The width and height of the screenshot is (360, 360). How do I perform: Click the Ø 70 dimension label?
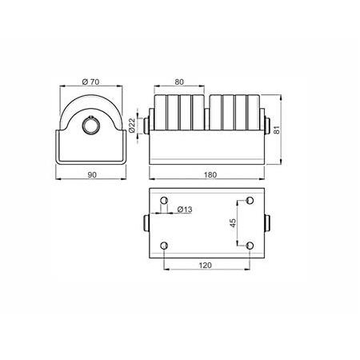click(x=90, y=82)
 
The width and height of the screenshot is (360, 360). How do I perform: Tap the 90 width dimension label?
click(x=92, y=175)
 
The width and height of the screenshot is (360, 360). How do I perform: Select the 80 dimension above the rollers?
click(x=179, y=82)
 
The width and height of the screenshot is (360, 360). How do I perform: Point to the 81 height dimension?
click(x=278, y=130)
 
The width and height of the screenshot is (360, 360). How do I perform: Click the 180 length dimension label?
click(x=210, y=175)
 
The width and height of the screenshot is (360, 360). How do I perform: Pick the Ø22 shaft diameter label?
click(x=132, y=126)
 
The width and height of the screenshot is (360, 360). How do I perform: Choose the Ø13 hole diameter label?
click(x=185, y=210)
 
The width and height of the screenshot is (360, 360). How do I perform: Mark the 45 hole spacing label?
click(x=233, y=222)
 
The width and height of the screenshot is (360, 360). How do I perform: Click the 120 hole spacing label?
click(x=206, y=266)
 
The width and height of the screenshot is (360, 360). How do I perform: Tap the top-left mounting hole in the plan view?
click(x=164, y=200)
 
